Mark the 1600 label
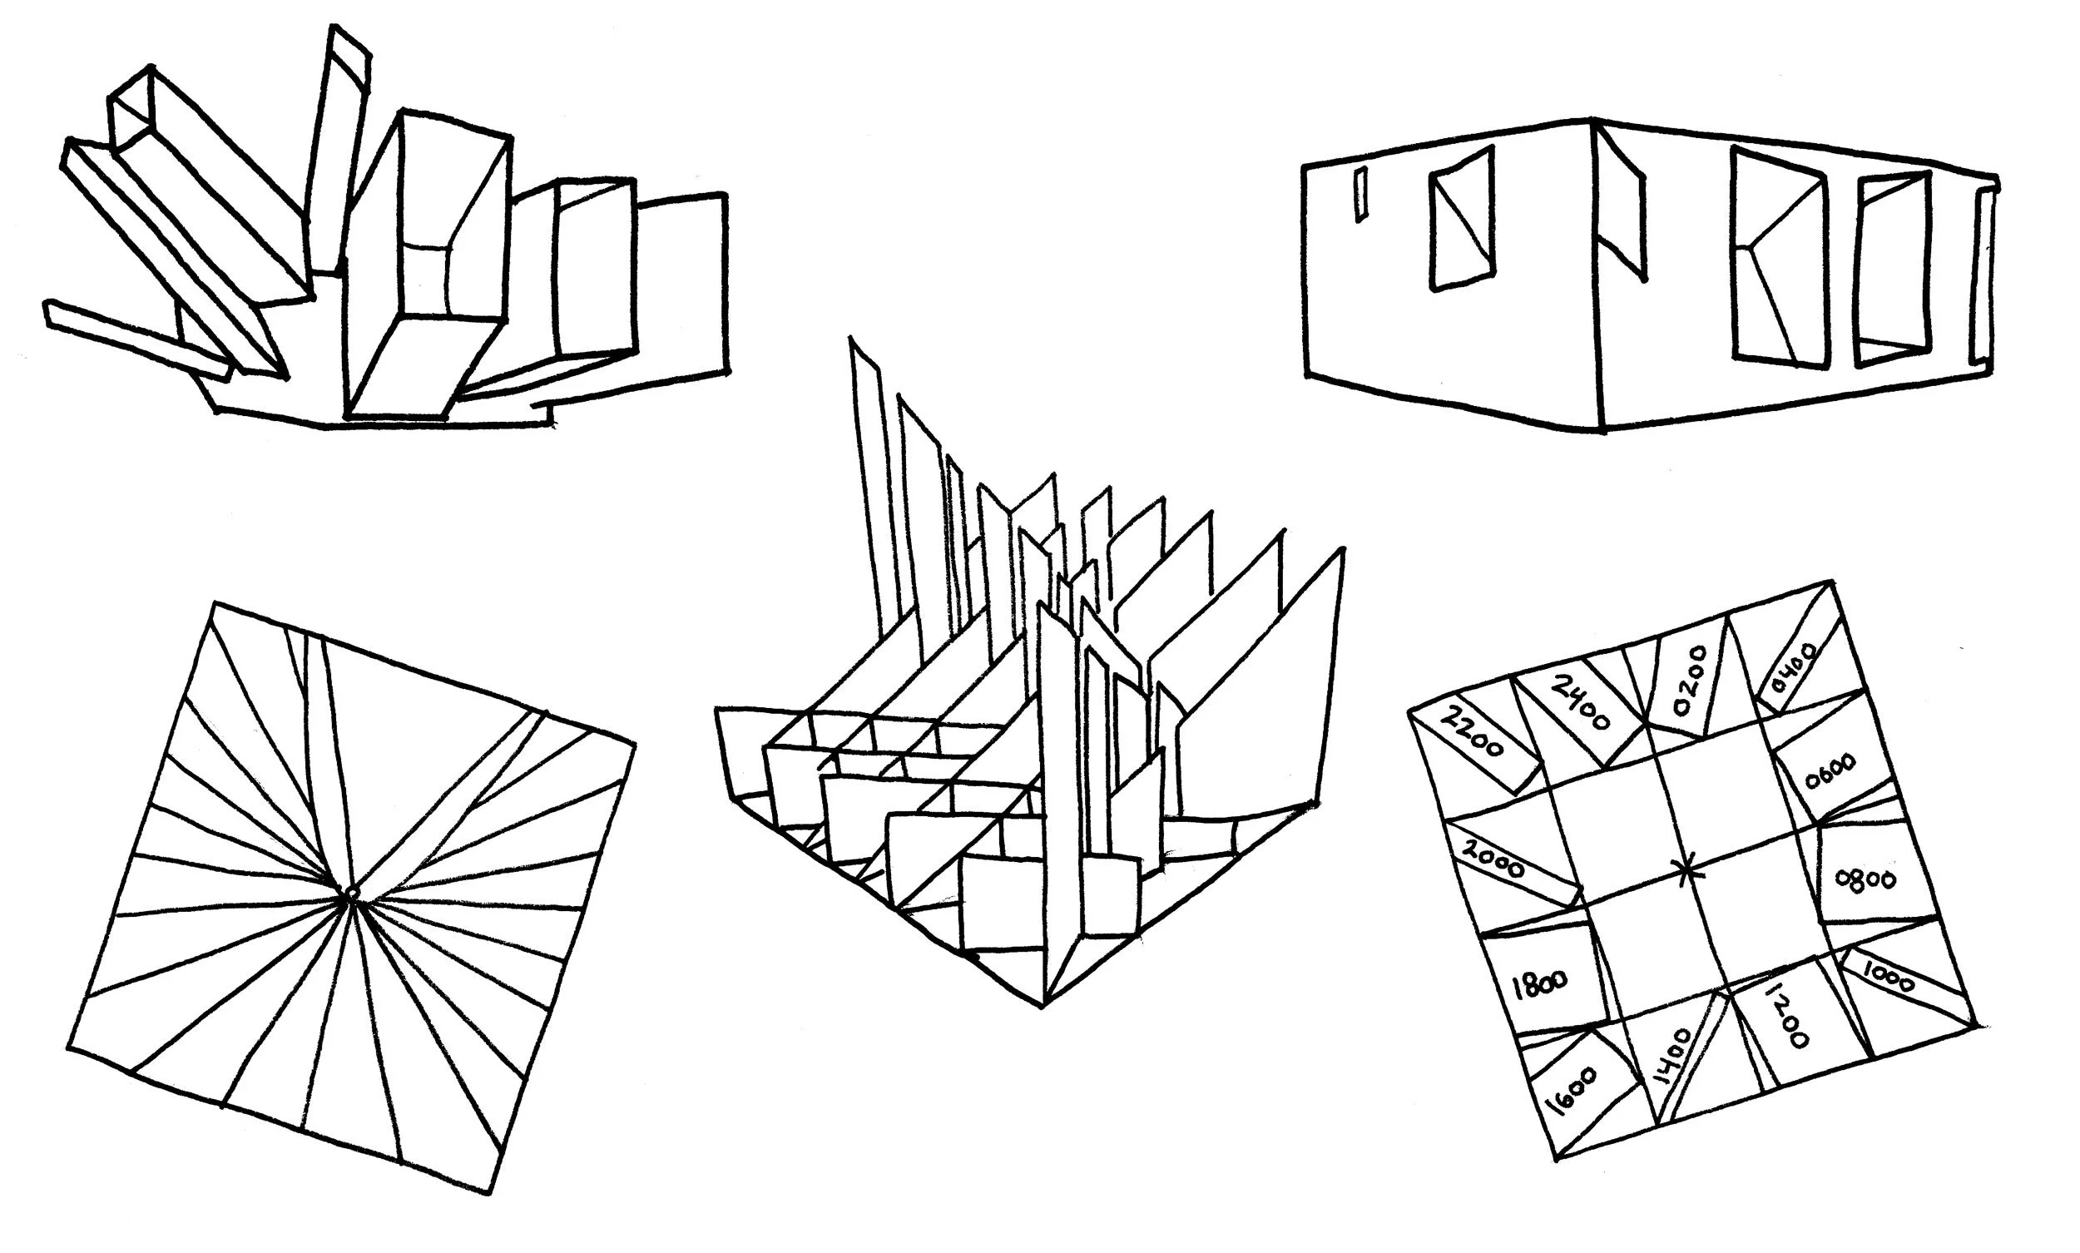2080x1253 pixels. (1572, 1091)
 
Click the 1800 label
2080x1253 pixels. (1539, 983)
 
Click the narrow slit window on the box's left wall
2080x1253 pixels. (1361, 195)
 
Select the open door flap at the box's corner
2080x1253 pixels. (1621, 207)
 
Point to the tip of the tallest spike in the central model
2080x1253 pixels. (852, 339)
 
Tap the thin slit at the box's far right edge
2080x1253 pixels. (1984, 279)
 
